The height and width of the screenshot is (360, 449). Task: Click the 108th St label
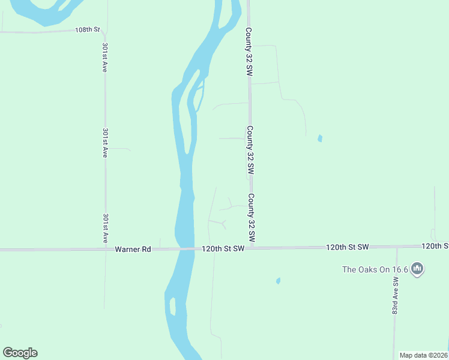[87, 29]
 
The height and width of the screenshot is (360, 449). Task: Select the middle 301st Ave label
[105, 142]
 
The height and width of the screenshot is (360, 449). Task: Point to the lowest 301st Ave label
[106, 228]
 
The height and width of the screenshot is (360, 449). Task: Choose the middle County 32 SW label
[249, 150]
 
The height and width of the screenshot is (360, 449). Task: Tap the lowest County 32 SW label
[252, 218]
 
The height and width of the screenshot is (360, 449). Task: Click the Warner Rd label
[133, 248]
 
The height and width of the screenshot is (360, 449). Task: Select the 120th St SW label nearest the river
[223, 248]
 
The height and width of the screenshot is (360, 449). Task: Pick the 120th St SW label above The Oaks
[348, 247]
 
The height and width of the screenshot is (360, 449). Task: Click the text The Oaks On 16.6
[375, 269]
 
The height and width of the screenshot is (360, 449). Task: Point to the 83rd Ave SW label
[396, 296]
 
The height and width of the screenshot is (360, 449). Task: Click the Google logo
[20, 353]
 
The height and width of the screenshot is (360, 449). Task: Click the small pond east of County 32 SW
[320, 139]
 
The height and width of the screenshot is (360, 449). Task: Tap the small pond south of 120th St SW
[278, 280]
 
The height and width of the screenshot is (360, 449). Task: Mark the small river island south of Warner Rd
[173, 306]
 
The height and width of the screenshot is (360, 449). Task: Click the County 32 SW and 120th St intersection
[252, 247]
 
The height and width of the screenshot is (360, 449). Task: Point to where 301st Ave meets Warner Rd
[106, 248]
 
